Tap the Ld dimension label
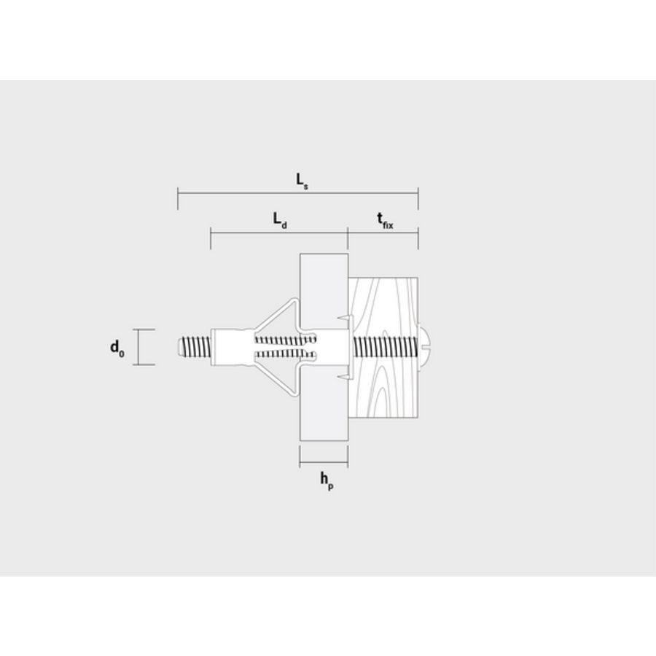279,219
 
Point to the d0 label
117,348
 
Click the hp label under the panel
326,480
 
